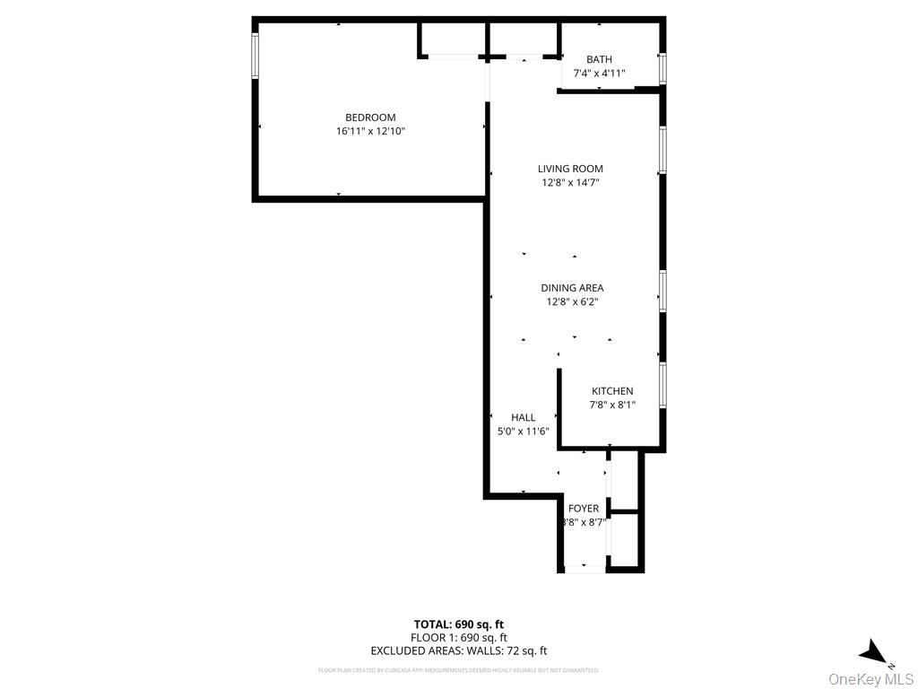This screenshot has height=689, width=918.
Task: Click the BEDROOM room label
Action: click(370, 118)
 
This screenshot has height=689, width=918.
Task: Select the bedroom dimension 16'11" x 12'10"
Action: click(370, 131)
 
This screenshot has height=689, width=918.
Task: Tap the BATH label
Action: click(599, 60)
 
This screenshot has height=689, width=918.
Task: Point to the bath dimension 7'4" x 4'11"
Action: click(599, 74)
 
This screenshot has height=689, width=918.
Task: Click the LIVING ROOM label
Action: click(570, 169)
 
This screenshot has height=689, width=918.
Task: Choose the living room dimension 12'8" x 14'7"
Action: click(570, 182)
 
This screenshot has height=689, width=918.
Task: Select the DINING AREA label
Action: click(572, 288)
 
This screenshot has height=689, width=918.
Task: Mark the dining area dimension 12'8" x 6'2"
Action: click(572, 301)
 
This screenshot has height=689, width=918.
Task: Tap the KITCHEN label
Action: click(612, 391)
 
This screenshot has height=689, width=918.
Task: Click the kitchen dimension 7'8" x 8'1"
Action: click(612, 405)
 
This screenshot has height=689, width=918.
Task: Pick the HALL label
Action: click(524, 417)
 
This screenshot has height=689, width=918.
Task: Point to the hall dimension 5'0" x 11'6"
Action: click(524, 431)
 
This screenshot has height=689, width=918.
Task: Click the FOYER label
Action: click(584, 509)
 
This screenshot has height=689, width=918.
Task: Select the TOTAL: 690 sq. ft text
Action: click(458, 624)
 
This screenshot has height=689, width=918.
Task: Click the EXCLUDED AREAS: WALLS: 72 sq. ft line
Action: click(458, 651)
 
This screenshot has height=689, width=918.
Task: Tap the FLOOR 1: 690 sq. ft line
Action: click(458, 638)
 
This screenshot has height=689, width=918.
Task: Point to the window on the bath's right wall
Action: click(663, 68)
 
